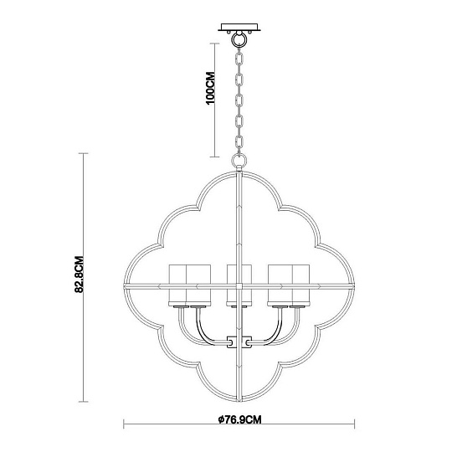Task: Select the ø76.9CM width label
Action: pos(240,418)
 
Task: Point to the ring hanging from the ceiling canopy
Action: pos(240,38)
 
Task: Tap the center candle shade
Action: pos(239,282)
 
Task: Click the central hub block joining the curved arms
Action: pos(239,342)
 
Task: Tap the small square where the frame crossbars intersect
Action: pos(240,286)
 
